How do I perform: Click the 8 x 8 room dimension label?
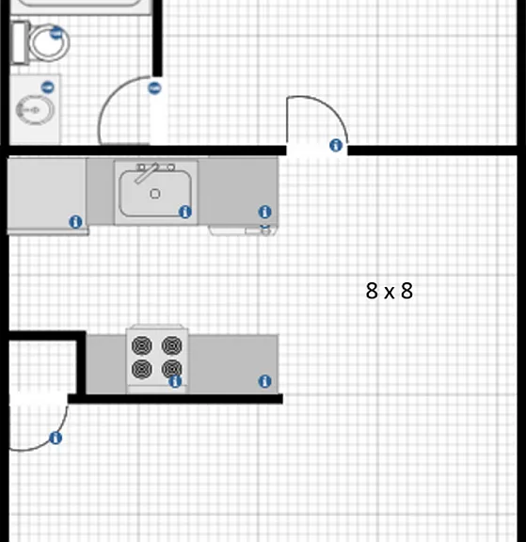390,291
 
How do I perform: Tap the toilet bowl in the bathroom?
49,42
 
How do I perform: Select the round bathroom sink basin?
35,109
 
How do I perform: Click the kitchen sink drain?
155,194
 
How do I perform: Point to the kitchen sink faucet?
147,173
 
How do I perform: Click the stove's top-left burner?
142,345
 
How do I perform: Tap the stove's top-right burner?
172,345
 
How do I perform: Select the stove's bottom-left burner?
142,369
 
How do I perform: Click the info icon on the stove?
175,382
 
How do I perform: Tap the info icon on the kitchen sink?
185,212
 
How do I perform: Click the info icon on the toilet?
56,33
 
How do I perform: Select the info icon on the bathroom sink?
48,88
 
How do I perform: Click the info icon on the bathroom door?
154,88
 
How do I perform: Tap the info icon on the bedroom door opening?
336,145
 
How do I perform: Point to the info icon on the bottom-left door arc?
56,438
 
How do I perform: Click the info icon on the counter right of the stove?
264,381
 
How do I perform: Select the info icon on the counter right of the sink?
264,212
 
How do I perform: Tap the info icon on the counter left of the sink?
75,222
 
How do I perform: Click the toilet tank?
20,42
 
